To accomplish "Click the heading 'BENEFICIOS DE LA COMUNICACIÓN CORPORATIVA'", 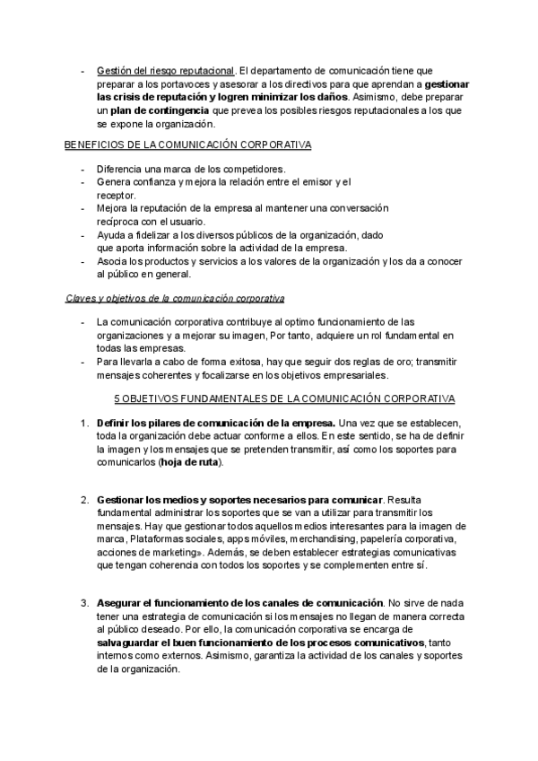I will (188, 144).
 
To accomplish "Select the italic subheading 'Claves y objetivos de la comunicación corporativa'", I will (175, 297).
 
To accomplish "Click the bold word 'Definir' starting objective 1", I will (116, 422).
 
